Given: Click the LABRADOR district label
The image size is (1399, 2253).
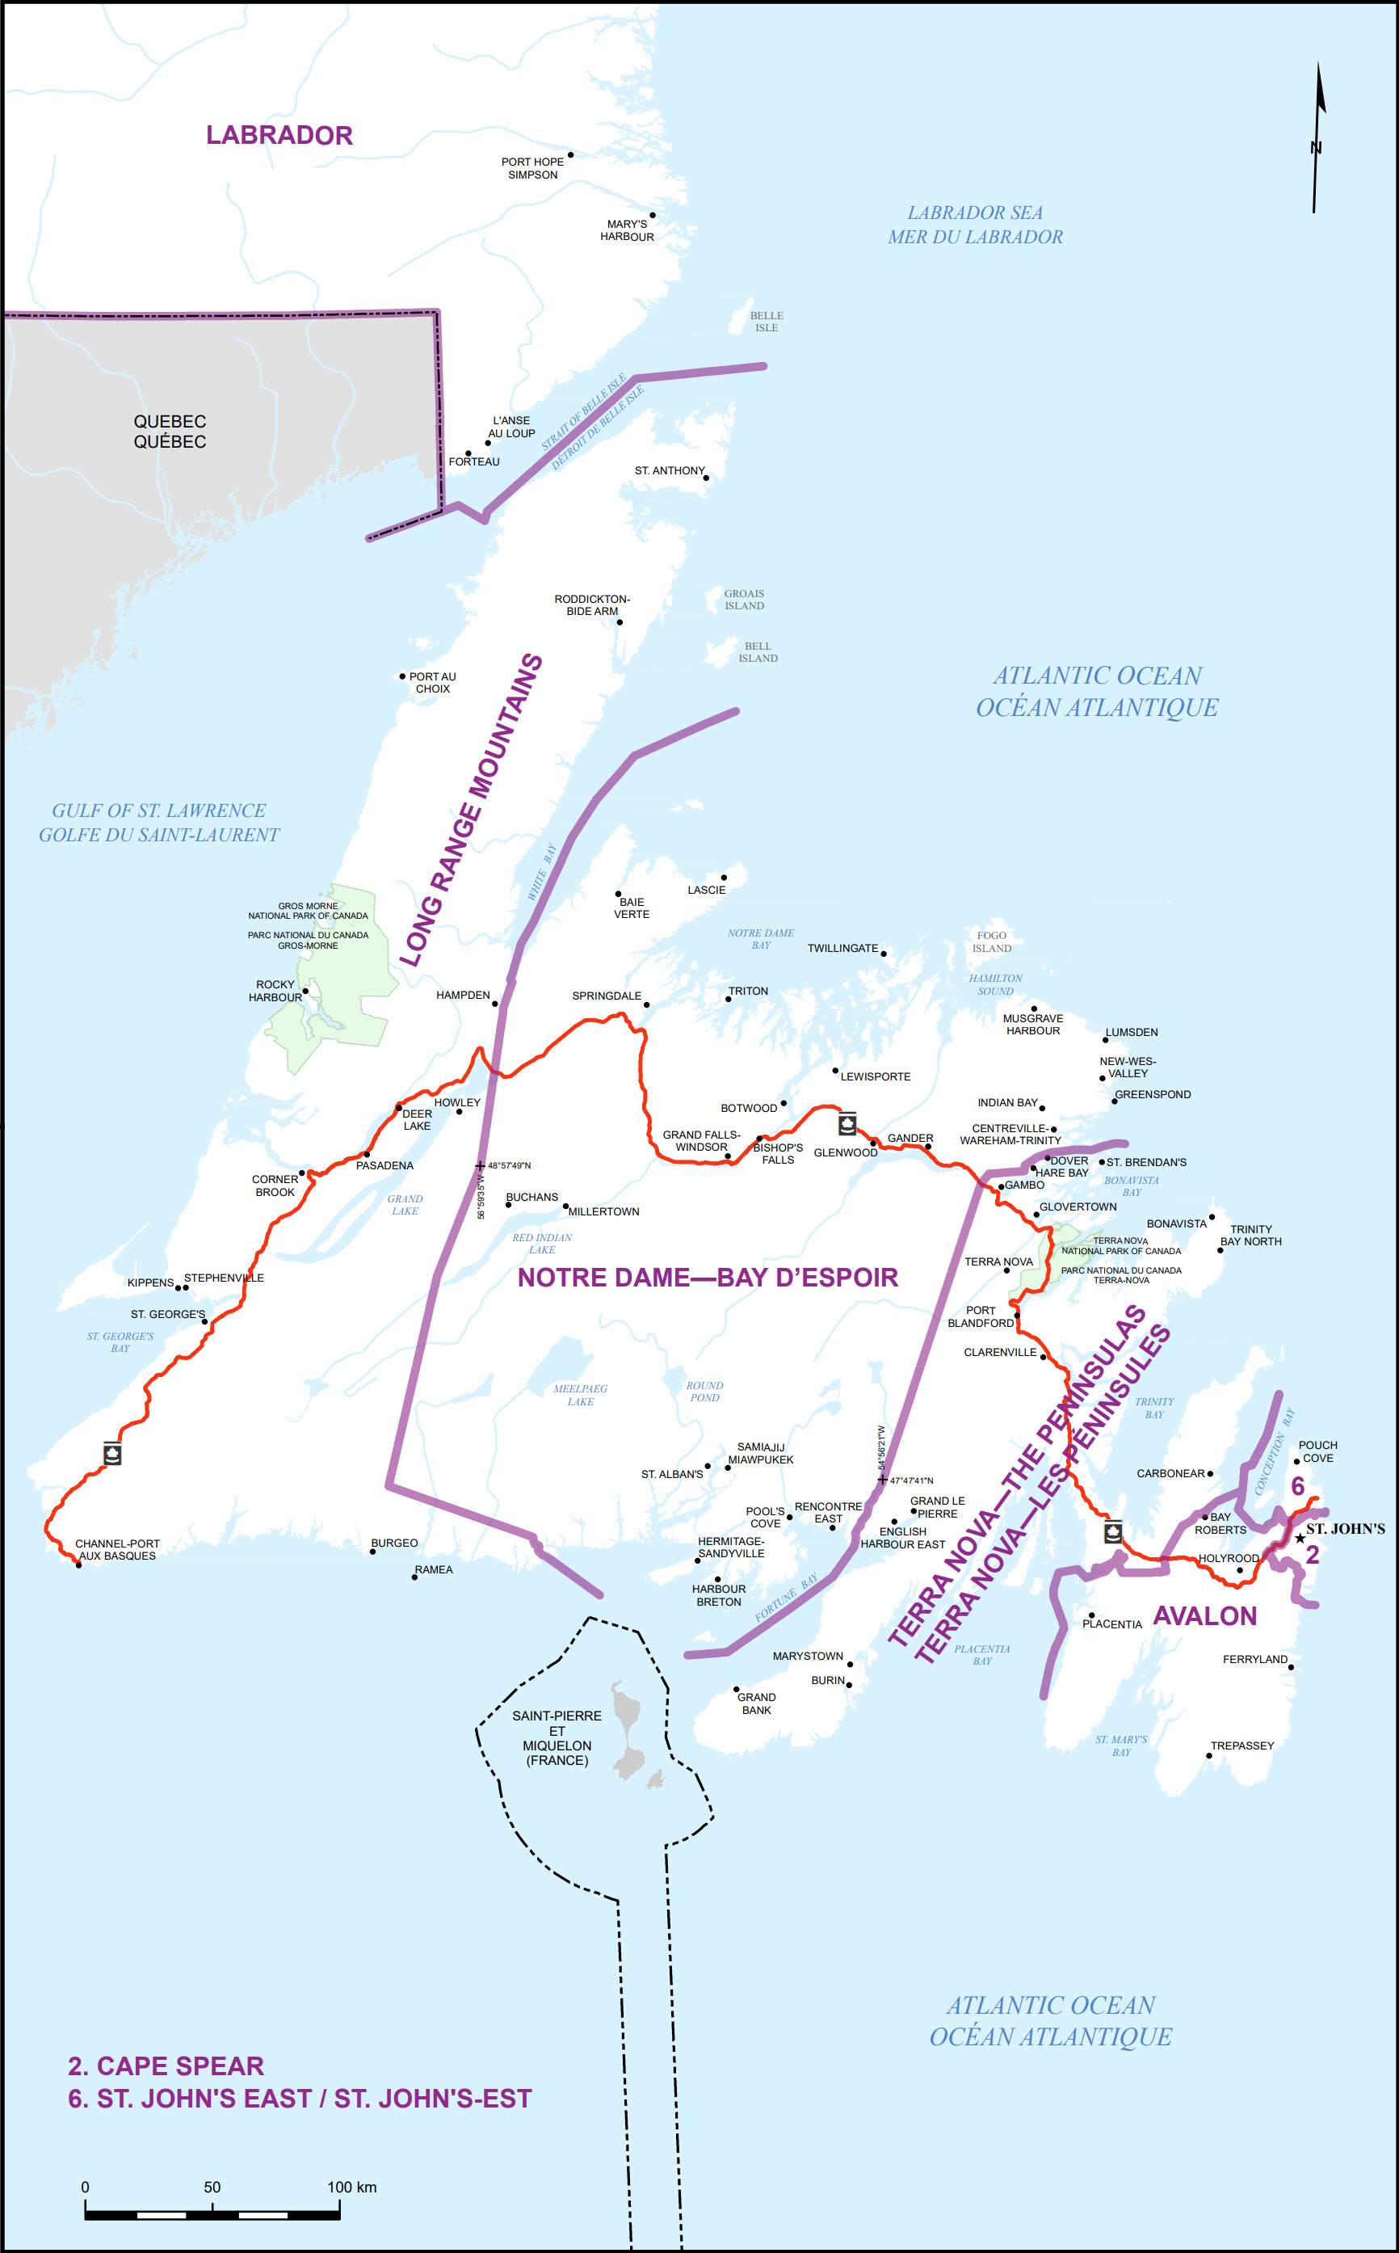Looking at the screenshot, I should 279,135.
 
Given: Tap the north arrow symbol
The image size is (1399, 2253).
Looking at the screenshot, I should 1317,139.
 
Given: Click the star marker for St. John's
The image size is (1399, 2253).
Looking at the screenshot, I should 1300,1539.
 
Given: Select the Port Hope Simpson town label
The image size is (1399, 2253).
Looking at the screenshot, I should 532,168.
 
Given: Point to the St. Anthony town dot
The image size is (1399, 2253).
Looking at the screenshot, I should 706,478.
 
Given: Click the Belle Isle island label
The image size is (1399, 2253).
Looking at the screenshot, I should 766,321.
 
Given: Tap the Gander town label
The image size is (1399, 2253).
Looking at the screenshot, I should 910,1138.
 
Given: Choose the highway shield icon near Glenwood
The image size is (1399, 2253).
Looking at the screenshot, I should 847,1124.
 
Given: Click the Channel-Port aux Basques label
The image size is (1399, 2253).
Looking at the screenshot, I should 117,1549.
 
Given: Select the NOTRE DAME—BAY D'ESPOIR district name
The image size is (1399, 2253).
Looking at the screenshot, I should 708,1278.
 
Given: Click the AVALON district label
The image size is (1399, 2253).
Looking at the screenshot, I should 1204,1616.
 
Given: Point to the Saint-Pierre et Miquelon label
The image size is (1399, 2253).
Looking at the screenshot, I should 557,1737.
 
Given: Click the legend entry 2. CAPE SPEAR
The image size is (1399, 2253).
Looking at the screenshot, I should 166,2066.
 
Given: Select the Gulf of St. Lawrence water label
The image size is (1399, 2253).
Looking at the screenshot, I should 158,822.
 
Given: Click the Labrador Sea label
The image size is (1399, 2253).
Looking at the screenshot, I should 975,225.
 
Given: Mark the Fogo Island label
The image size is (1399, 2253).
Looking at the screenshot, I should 991,941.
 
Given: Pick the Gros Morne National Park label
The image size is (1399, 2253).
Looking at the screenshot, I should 308,924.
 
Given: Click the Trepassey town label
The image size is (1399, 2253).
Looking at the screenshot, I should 1241,1746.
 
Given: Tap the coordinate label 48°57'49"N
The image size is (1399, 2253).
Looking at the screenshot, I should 509,1165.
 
